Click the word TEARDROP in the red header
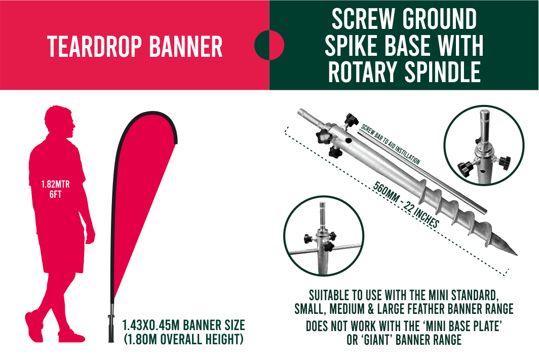click(x=95, y=47)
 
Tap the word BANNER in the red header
click(x=186, y=47)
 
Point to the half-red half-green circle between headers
click(x=269, y=45)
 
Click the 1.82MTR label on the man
click(x=55, y=185)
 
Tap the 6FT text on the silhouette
click(x=55, y=195)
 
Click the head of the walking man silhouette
click(x=60, y=122)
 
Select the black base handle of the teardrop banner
click(x=111, y=329)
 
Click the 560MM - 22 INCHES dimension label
click(x=406, y=204)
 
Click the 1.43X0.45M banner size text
click(x=183, y=325)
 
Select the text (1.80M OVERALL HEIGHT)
click(x=183, y=339)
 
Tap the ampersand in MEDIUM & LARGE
click(x=371, y=309)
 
